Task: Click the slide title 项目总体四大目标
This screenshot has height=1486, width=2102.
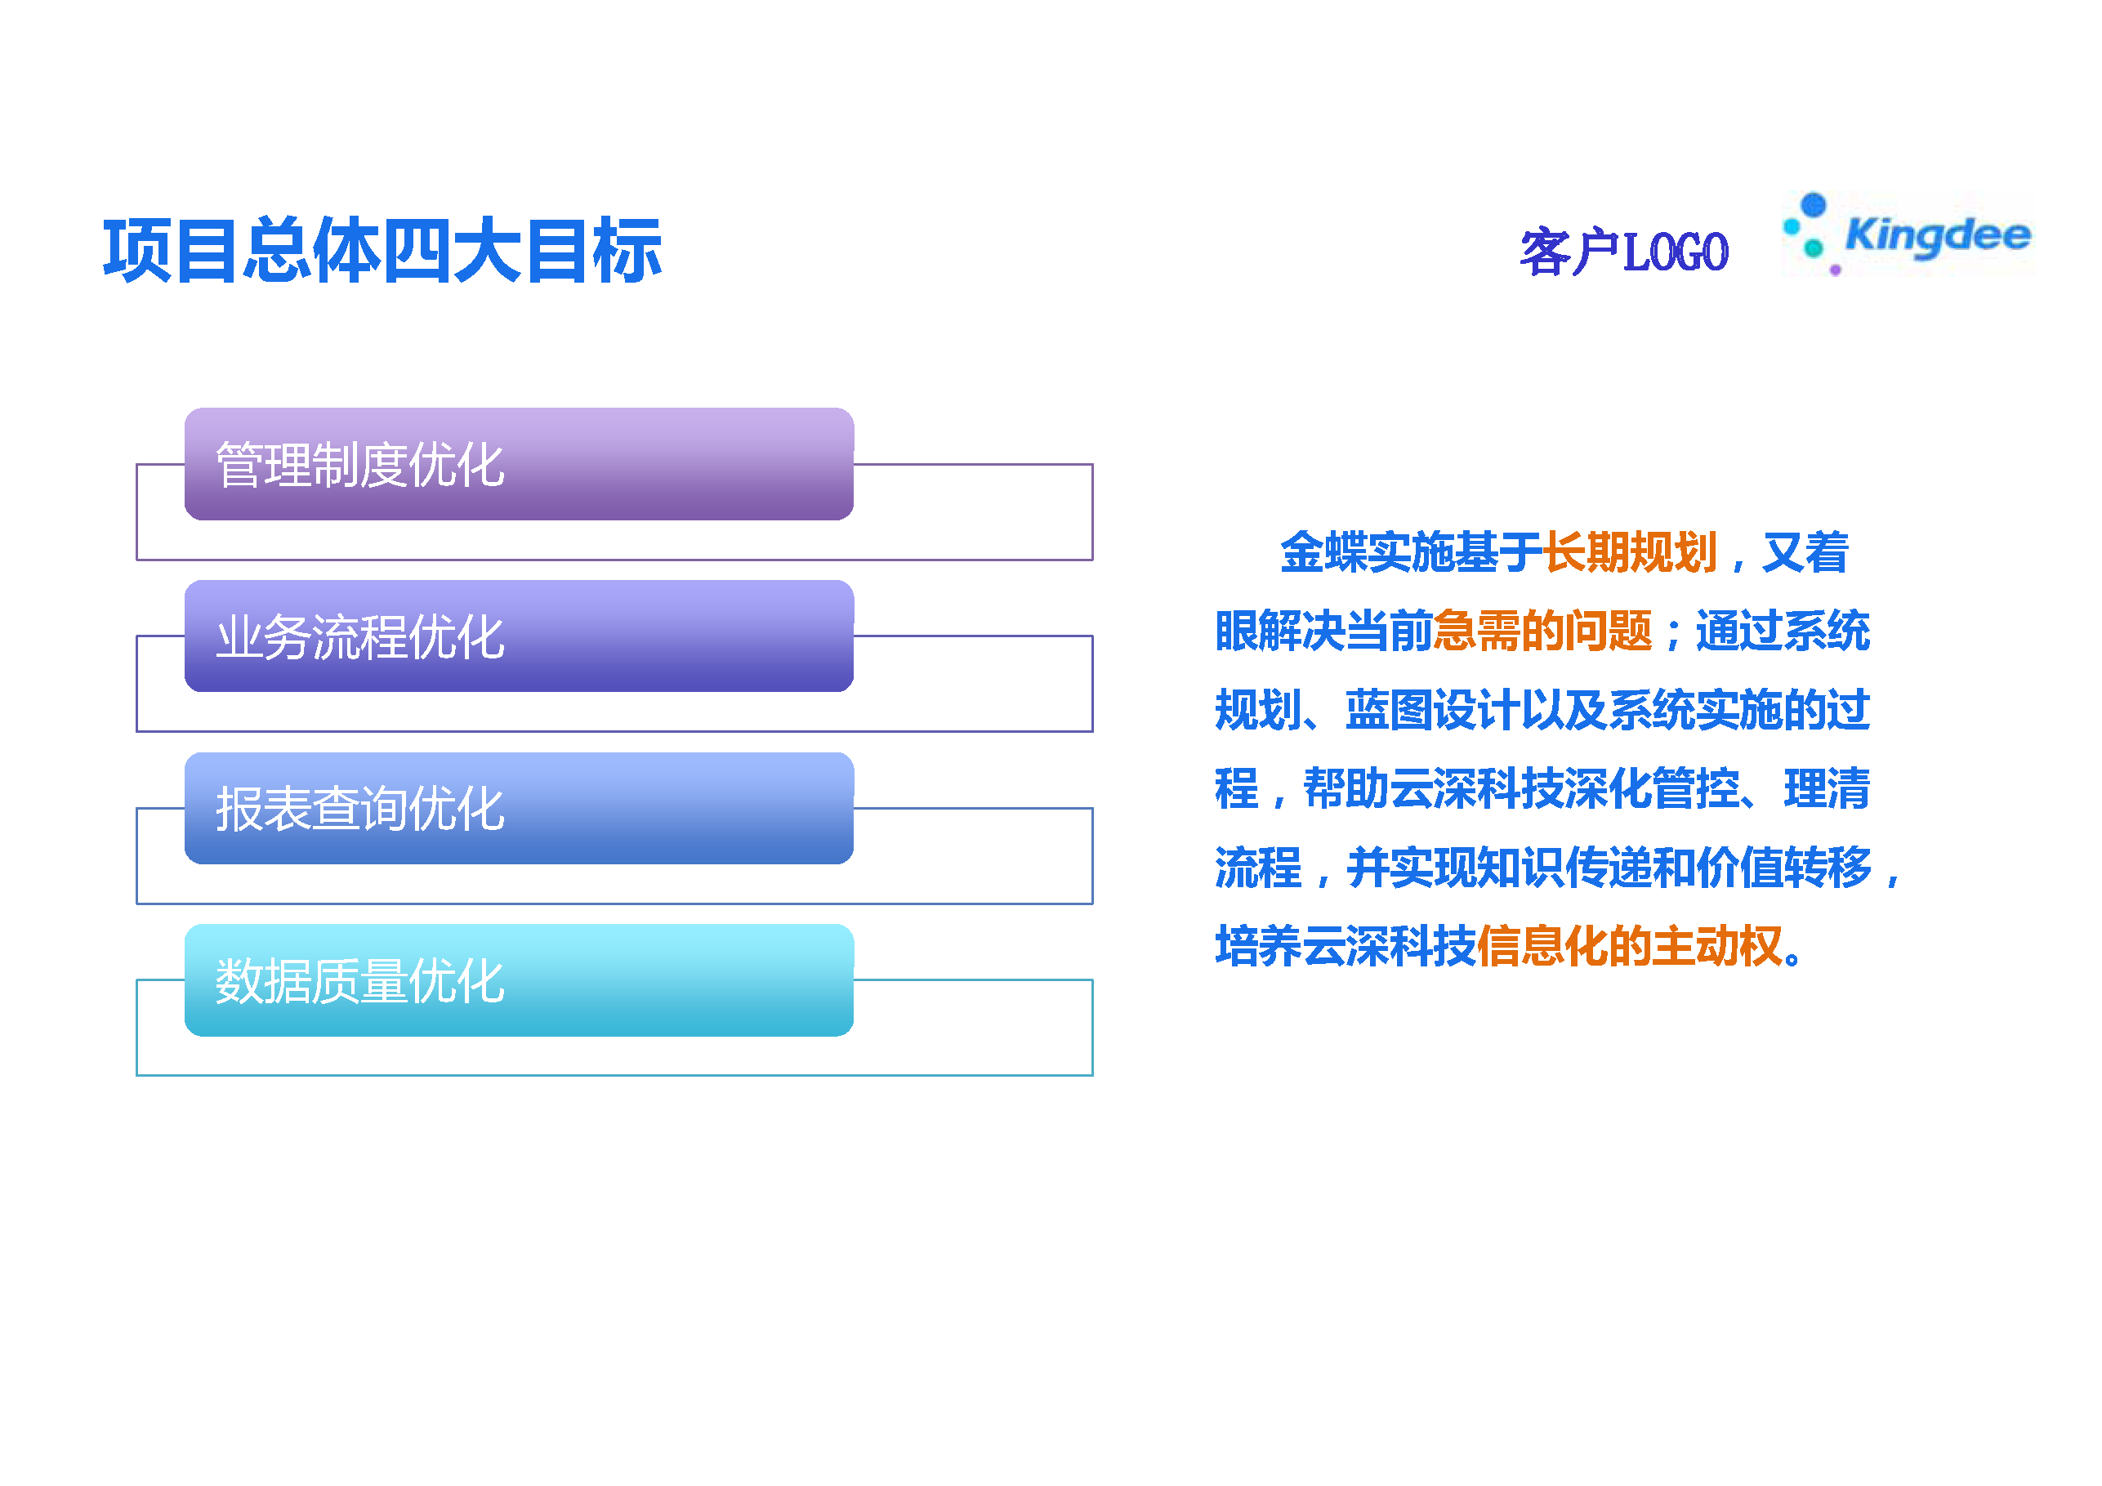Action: click(x=382, y=251)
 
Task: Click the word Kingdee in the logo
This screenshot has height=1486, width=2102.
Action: click(x=1938, y=235)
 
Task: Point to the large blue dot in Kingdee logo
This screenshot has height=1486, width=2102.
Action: click(x=1813, y=204)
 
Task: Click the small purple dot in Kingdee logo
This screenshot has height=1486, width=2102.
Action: click(x=1835, y=270)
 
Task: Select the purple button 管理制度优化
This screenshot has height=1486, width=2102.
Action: click(x=519, y=464)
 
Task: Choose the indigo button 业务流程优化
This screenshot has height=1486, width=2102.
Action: click(x=519, y=636)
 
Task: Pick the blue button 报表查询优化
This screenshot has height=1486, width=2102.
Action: click(x=519, y=809)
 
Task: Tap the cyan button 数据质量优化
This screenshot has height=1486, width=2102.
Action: click(x=519, y=980)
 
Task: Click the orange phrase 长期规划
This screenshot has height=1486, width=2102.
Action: click(x=1631, y=552)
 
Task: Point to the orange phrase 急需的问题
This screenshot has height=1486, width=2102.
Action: click(x=1542, y=631)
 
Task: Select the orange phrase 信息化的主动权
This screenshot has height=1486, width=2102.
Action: click(x=1630, y=946)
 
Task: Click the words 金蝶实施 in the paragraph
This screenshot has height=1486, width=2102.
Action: click(x=1368, y=552)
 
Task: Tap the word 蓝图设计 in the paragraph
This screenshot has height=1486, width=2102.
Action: click(x=1433, y=710)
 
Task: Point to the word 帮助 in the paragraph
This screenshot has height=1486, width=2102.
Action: click(x=1346, y=788)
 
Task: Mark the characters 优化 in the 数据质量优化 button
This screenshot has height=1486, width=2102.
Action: click(x=457, y=981)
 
